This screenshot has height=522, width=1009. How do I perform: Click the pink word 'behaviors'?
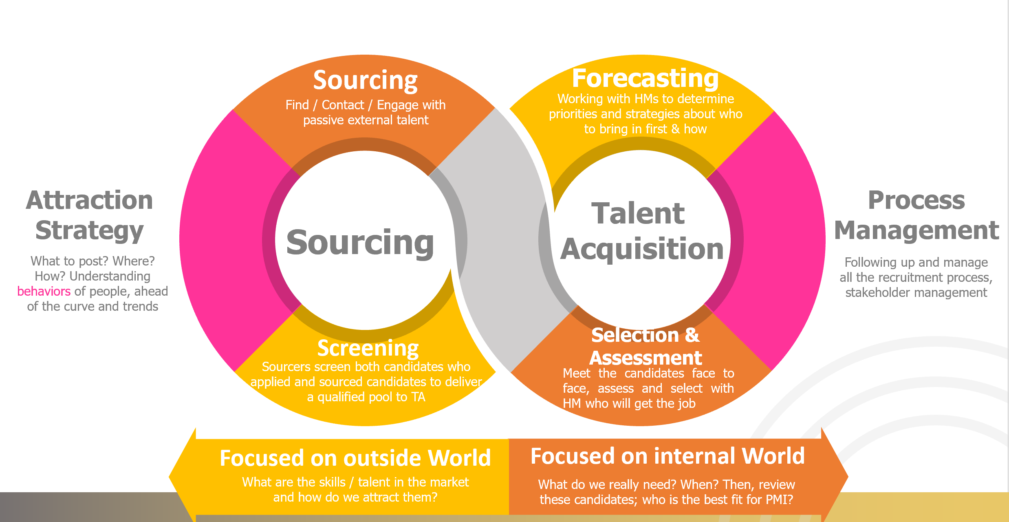(x=44, y=291)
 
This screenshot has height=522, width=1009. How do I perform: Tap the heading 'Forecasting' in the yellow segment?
(x=645, y=78)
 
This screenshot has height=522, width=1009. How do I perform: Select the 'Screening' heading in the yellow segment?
(x=368, y=348)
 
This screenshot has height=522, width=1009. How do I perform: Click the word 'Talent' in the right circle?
(x=638, y=213)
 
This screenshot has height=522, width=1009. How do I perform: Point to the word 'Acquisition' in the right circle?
(x=642, y=249)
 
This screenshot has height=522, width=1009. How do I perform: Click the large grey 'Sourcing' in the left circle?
(x=360, y=243)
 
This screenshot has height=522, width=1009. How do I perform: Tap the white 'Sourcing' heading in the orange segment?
(x=365, y=80)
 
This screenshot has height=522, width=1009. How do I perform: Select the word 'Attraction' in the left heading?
(x=89, y=200)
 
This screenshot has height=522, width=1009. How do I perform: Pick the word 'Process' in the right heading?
(x=916, y=200)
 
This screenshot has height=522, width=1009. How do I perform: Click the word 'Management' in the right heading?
(x=916, y=230)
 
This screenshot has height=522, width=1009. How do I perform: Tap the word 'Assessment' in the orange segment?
(x=645, y=358)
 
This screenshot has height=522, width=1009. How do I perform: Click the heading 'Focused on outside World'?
(x=355, y=458)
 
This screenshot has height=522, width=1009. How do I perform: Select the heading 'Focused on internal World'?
(x=668, y=456)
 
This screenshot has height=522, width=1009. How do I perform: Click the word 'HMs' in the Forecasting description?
(x=642, y=99)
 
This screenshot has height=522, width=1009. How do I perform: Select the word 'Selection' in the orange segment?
(x=635, y=335)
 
